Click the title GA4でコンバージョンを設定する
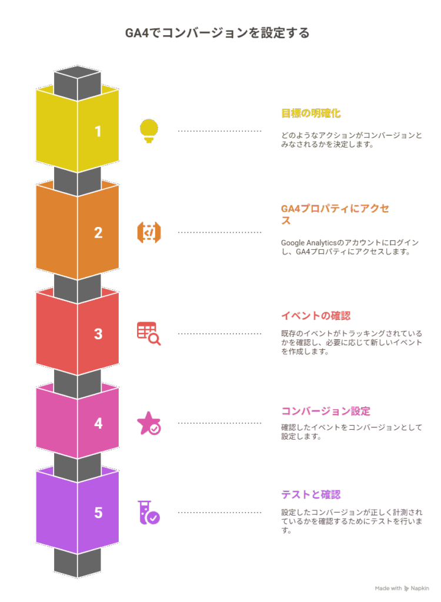[218, 33]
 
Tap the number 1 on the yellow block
[98, 132]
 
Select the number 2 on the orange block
[98, 233]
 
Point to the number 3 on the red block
[98, 334]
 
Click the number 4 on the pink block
[98, 423]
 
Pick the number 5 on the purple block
[98, 513]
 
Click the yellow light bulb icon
[149, 131]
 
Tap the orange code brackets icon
[149, 232]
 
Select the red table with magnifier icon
[149, 333]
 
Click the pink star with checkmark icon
[149, 423]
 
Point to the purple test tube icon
[149, 513]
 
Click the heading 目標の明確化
[311, 113]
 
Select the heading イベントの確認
[316, 316]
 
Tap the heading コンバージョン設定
[326, 411]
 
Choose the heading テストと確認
[311, 494]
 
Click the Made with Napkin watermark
[402, 588]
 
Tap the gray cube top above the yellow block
[78, 72]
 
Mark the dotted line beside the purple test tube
[219, 513]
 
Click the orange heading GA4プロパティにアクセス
[335, 214]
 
